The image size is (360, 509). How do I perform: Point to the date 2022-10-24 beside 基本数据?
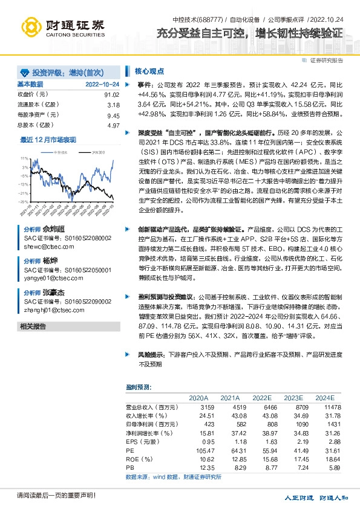tap(102, 85)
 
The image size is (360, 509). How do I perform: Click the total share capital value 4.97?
tap(113, 125)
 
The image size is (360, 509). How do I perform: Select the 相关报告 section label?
tap(33, 326)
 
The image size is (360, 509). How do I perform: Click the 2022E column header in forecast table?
tap(261, 397)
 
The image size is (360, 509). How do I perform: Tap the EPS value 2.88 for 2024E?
tap(327, 442)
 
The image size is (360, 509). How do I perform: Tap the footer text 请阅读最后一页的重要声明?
tap(48, 496)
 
